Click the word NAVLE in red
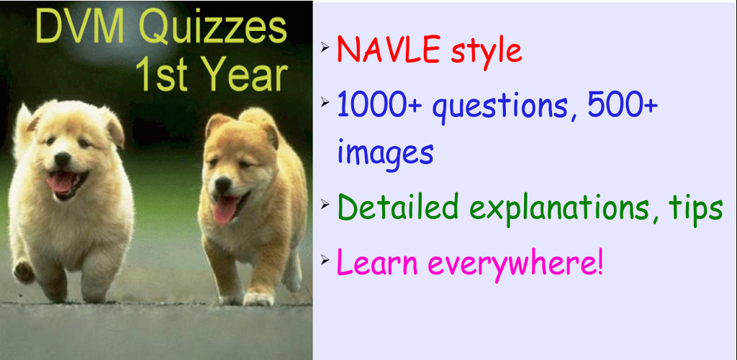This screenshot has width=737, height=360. click(x=389, y=50)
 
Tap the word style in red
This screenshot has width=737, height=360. click(x=487, y=50)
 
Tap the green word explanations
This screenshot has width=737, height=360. click(x=560, y=208)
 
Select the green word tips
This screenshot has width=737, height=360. click(x=692, y=208)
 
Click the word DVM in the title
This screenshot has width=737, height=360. click(x=79, y=28)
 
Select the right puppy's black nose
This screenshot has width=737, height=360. click(x=223, y=184)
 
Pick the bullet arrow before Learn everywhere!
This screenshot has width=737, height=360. click(x=325, y=260)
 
